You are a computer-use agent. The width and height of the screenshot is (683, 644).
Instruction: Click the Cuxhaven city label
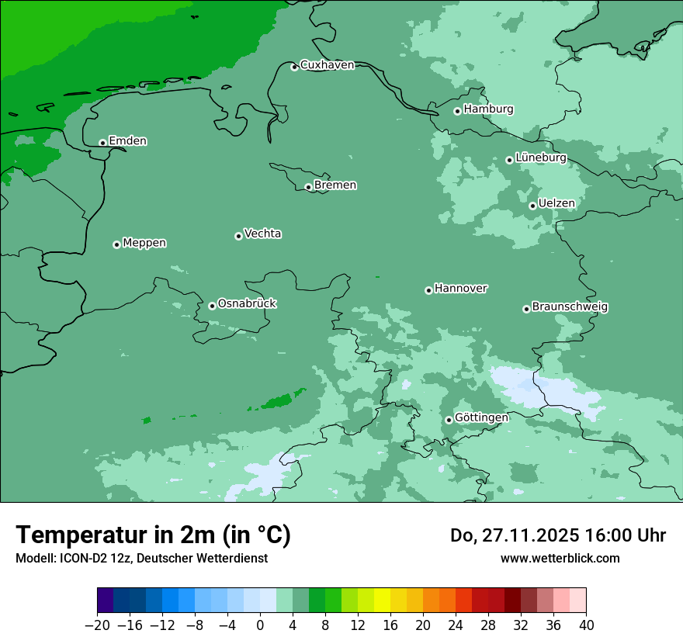(x=327, y=65)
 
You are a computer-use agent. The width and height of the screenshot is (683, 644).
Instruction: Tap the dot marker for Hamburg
(x=457, y=111)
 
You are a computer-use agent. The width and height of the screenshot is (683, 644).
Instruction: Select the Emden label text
(x=127, y=141)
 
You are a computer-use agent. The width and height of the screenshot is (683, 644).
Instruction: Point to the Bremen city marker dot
(x=308, y=187)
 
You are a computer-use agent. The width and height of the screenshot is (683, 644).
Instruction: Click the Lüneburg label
(x=540, y=158)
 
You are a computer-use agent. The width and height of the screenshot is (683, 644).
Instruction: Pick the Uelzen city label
(x=556, y=203)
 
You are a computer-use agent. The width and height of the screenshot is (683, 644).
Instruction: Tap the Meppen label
(x=144, y=243)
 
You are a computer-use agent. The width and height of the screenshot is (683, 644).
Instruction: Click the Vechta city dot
(x=238, y=236)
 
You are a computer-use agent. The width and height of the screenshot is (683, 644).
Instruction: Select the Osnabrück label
(x=247, y=303)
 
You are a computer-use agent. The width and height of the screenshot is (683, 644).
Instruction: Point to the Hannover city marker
(x=428, y=290)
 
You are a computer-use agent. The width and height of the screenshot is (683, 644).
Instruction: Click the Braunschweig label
(x=570, y=306)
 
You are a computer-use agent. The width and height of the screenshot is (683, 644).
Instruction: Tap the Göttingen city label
(x=481, y=417)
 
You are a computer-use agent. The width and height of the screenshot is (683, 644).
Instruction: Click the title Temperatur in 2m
(x=153, y=535)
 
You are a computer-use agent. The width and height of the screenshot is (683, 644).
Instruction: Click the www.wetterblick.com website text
(x=560, y=558)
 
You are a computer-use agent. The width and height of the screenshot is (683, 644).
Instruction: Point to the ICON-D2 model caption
(x=141, y=558)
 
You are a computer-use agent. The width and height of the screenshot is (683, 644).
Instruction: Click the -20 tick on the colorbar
(x=97, y=625)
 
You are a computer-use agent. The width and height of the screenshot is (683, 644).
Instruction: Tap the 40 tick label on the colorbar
(x=586, y=625)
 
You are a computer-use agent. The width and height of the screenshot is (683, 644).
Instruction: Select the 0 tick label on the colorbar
(x=260, y=625)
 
